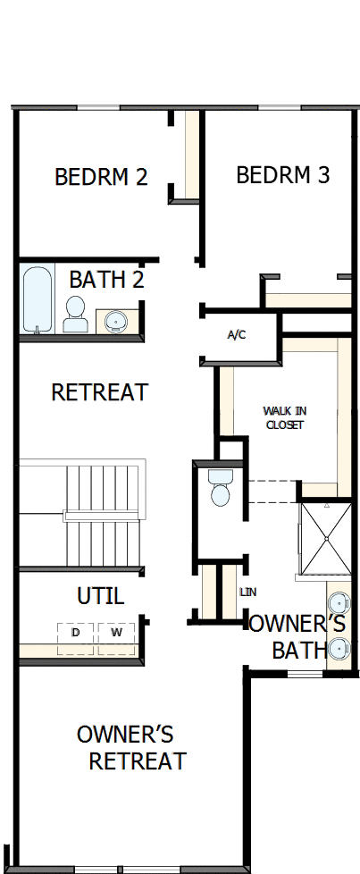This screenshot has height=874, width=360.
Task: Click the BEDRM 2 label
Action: pos(101,177)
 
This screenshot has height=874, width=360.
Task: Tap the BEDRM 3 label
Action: pos(282,175)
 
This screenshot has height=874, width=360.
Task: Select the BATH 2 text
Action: pos(106,280)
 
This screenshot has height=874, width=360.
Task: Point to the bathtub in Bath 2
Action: pos(38,299)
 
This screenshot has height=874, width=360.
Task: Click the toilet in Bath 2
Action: pos(76,314)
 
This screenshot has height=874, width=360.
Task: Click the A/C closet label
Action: pos(237,335)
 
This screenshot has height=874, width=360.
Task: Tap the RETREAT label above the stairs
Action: pos(99,392)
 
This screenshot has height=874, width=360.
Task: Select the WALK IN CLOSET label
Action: pos(285,417)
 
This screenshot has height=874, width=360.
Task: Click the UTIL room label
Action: pos(100,595)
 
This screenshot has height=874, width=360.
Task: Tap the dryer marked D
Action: pos(75,634)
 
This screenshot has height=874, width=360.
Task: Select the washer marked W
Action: pos(116,634)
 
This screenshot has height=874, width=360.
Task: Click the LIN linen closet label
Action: pos(248,592)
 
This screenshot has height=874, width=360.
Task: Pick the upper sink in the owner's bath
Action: pos(339,603)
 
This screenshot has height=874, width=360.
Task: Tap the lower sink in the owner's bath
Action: pos(339,648)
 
